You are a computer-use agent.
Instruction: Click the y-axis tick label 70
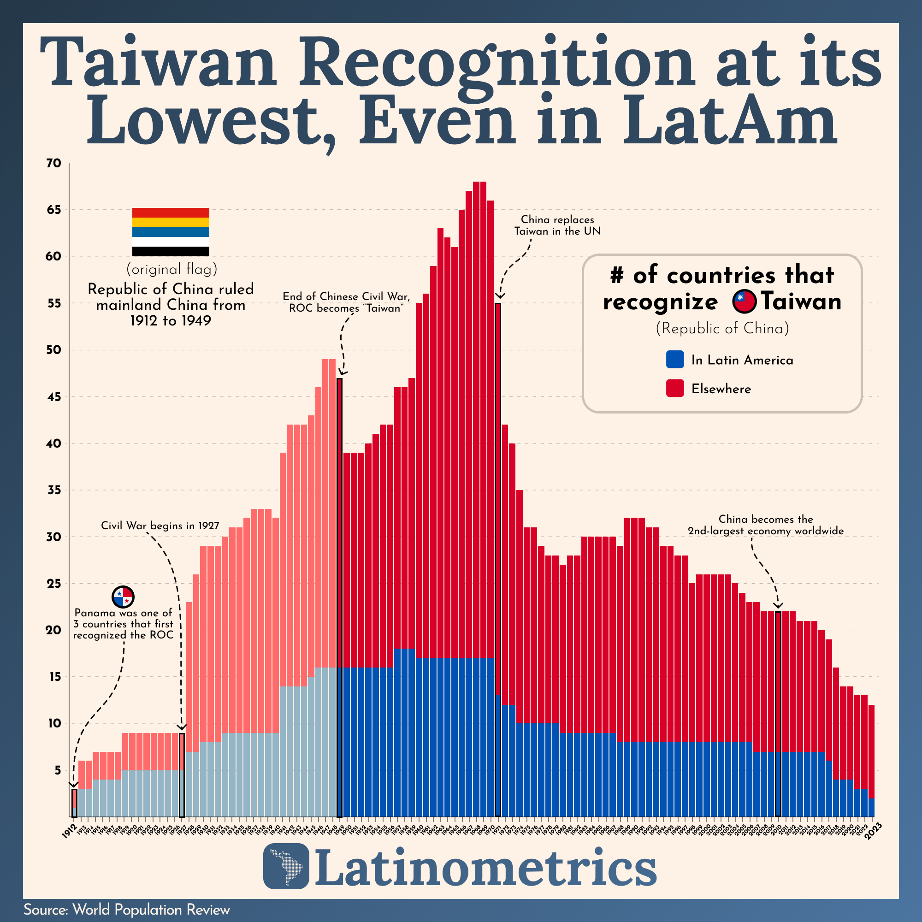coord(54,164)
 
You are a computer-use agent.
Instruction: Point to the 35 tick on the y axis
coord(54,490)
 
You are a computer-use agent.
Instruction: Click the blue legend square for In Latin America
coord(675,360)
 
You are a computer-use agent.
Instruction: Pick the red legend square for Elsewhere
coord(675,389)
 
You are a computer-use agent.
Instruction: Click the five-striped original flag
coord(171,232)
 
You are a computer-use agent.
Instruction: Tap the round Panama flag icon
coord(123,597)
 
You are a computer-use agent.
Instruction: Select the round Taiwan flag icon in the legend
coord(745,301)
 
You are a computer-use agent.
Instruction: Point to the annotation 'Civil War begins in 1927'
coord(160,526)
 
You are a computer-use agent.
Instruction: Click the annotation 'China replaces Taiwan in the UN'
coord(557,225)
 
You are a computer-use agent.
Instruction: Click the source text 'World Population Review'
coord(151,910)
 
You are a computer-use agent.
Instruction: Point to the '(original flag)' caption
coord(172,270)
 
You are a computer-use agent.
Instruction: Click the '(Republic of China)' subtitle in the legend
coord(722,328)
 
